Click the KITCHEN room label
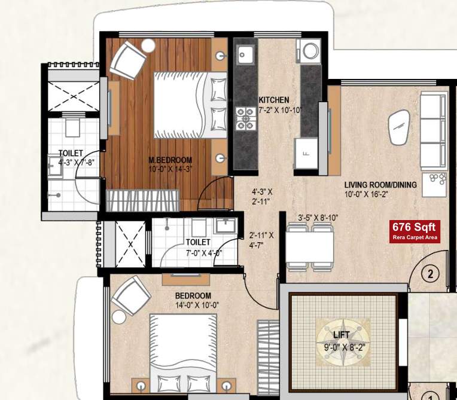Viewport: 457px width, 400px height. (x=274, y=100)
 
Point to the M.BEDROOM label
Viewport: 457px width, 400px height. (x=170, y=160)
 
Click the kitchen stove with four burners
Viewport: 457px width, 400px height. (x=245, y=117)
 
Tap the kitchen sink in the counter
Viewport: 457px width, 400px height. (x=245, y=56)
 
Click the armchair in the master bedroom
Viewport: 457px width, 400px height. (x=129, y=58)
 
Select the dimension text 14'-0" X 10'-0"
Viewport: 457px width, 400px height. (x=193, y=306)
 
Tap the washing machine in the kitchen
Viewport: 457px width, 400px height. (x=310, y=51)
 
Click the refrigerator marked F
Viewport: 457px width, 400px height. (x=305, y=154)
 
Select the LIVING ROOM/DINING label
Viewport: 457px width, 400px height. (x=380, y=185)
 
